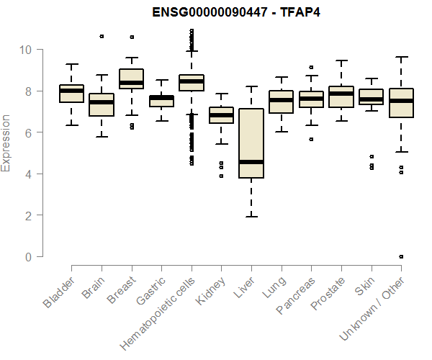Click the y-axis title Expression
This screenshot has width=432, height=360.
(6, 143)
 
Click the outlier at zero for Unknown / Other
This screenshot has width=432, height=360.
(401, 256)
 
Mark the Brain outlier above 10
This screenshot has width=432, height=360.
(102, 36)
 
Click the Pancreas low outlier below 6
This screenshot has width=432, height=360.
(311, 139)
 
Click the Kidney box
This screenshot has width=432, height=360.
(221, 115)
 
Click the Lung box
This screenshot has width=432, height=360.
(281, 102)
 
